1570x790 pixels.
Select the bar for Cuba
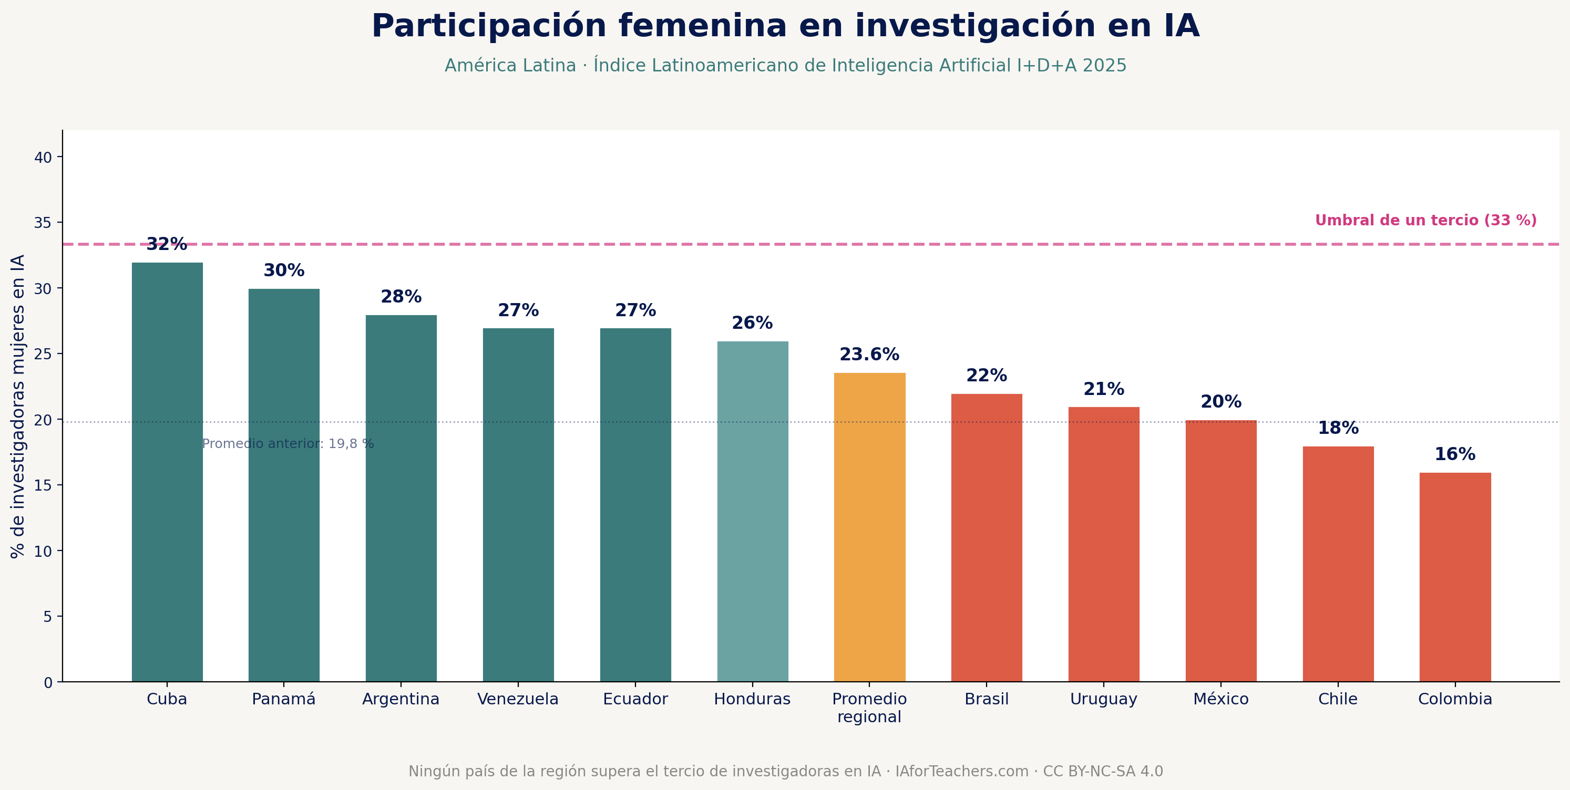pyautogui.click(x=167, y=472)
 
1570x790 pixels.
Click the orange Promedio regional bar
pyautogui.click(x=869, y=527)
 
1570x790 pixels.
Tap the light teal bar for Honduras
pyautogui.click(x=752, y=512)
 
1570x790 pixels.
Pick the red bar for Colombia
pyautogui.click(x=1455, y=577)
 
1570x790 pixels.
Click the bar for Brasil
pyautogui.click(x=986, y=537)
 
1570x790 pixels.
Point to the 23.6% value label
pyautogui.click(x=869, y=355)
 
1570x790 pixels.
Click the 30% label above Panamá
pyautogui.click(x=284, y=271)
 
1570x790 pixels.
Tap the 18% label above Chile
pyautogui.click(x=1338, y=428)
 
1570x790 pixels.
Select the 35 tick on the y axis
pyautogui.click(x=43, y=223)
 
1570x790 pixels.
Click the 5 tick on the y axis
pyautogui.click(x=47, y=617)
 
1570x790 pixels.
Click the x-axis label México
pyautogui.click(x=1221, y=699)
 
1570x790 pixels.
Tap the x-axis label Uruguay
pyautogui.click(x=1103, y=699)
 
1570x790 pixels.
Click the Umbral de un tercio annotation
pyautogui.click(x=1425, y=221)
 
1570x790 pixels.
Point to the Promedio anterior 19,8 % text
pyautogui.click(x=288, y=444)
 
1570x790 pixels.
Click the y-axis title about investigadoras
pyautogui.click(x=18, y=406)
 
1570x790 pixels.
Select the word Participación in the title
pyautogui.click(x=488, y=27)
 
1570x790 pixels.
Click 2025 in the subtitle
pyautogui.click(x=1104, y=66)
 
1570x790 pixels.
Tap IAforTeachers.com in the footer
pyautogui.click(x=961, y=771)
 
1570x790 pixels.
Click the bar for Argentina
pyautogui.click(x=401, y=498)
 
